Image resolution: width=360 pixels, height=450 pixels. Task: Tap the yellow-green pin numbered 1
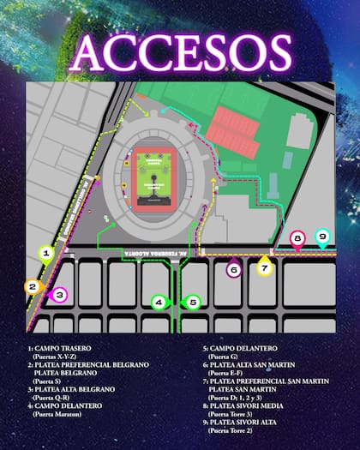click(x=48, y=253)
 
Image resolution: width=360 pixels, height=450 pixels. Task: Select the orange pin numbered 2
click(x=33, y=287)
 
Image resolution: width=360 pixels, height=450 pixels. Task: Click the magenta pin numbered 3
click(x=58, y=296)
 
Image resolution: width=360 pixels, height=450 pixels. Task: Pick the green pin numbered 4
click(x=158, y=302)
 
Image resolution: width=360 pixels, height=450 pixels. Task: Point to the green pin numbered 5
click(x=193, y=302)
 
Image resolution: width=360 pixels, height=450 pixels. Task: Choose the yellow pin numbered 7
click(x=265, y=267)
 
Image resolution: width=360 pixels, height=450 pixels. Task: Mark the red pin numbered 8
click(x=297, y=239)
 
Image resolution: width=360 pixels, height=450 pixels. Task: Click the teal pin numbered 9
click(x=322, y=237)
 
